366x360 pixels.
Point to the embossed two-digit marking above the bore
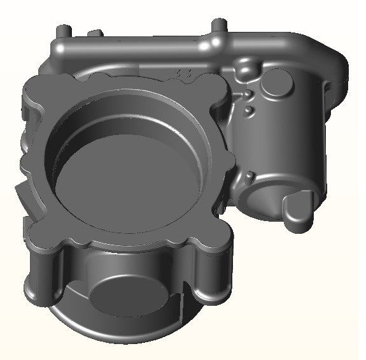click(x=186, y=73)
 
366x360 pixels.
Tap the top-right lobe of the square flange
click(x=213, y=92)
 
